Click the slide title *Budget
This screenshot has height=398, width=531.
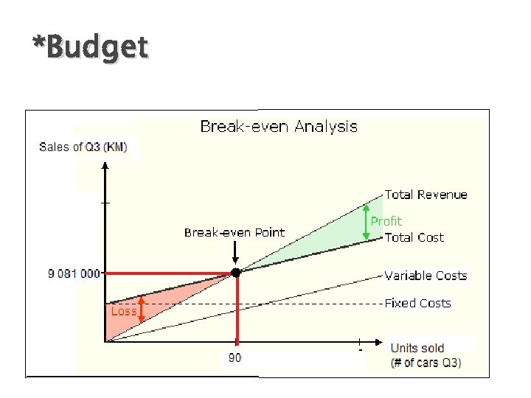click(90, 49)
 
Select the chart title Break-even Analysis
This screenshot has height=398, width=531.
click(279, 127)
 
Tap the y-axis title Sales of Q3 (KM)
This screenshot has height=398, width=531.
click(83, 147)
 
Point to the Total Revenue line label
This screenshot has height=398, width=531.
click(426, 195)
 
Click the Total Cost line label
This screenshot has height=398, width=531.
click(414, 237)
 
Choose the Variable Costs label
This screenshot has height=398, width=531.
click(426, 276)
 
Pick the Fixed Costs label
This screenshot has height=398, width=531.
click(417, 303)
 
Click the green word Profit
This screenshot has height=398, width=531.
click(386, 221)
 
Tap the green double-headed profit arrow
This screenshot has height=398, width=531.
click(367, 223)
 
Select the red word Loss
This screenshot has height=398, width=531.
click(123, 311)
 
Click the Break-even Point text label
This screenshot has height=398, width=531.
click(234, 233)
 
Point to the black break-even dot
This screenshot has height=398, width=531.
click(235, 273)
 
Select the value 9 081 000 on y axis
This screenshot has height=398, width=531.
click(74, 274)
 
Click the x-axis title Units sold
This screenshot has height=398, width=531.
click(417, 348)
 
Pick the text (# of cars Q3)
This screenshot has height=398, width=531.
click(426, 363)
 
